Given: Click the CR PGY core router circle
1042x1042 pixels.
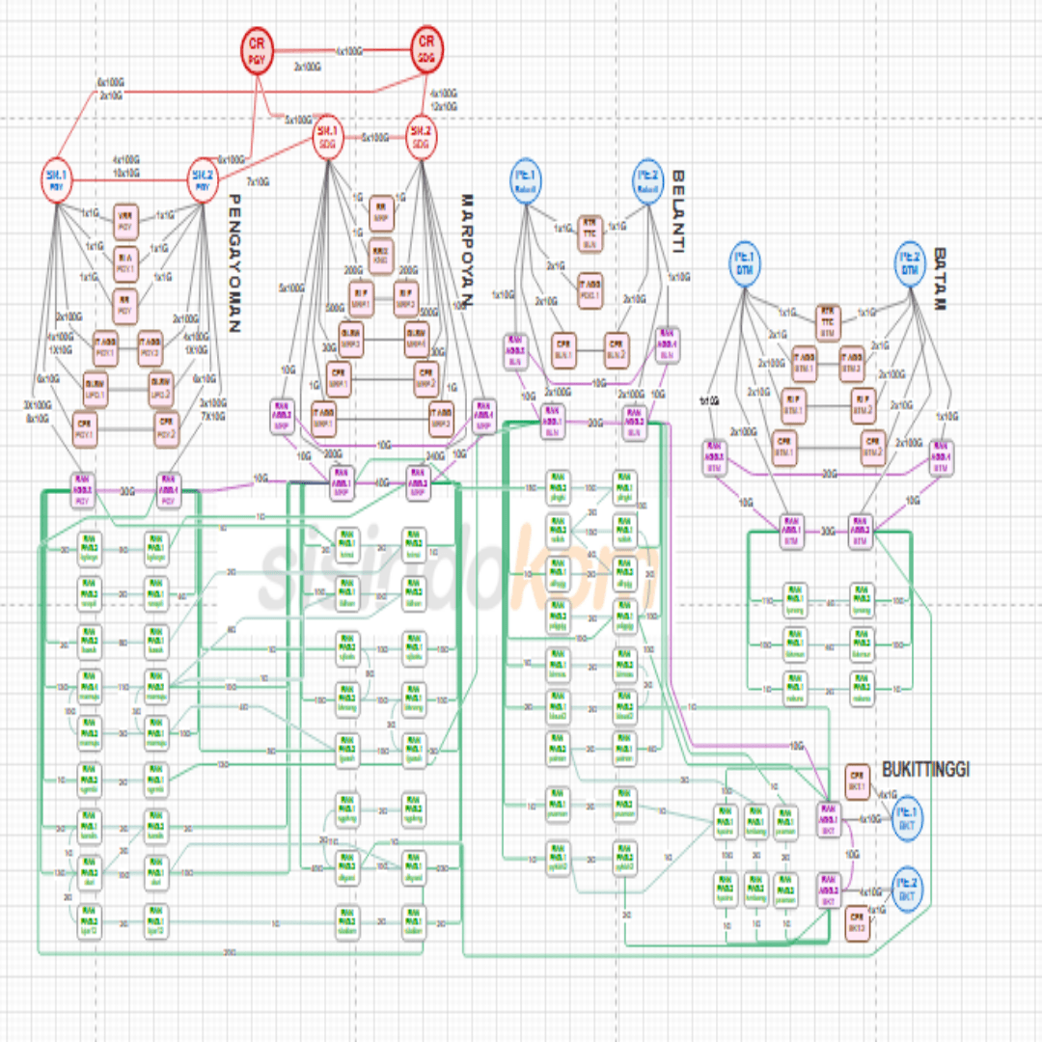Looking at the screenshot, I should click(256, 50).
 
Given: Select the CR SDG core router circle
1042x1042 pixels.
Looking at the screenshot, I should click(425, 50).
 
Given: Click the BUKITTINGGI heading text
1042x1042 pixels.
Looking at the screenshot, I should click(925, 769).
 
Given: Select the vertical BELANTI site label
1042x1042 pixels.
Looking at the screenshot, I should click(678, 212).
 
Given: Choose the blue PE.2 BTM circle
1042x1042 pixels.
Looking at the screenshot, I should click(909, 262).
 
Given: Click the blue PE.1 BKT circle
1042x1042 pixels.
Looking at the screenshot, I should click(907, 816).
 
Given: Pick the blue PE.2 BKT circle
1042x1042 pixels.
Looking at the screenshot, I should click(907, 888).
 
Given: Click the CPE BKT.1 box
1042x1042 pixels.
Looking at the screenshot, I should click(856, 778).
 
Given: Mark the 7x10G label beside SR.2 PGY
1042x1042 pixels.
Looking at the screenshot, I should click(258, 181).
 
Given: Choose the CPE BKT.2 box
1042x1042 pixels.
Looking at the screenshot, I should click(856, 922).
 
